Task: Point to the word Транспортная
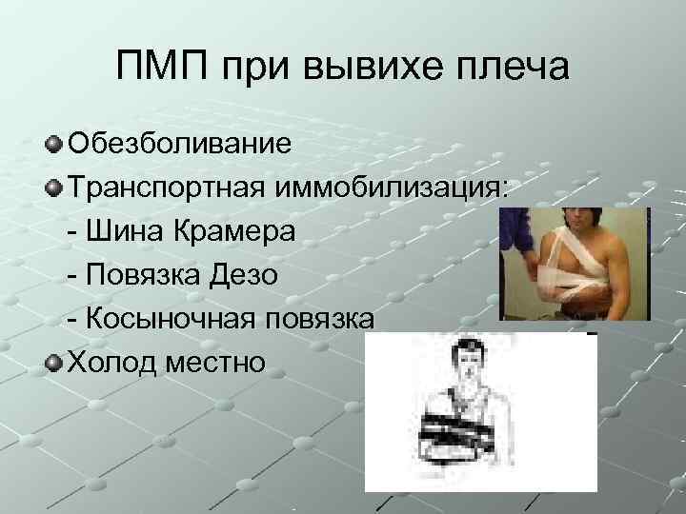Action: click(x=168, y=189)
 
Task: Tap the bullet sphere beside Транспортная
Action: click(x=54, y=189)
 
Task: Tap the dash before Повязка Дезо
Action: click(x=74, y=277)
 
